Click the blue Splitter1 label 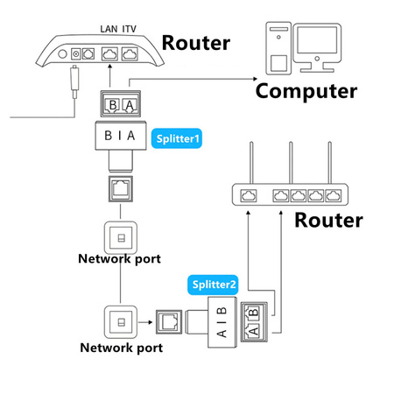click(178, 138)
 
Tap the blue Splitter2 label click(214, 284)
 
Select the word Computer click(306, 90)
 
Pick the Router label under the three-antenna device click(327, 219)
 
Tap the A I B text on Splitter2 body click(223, 322)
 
